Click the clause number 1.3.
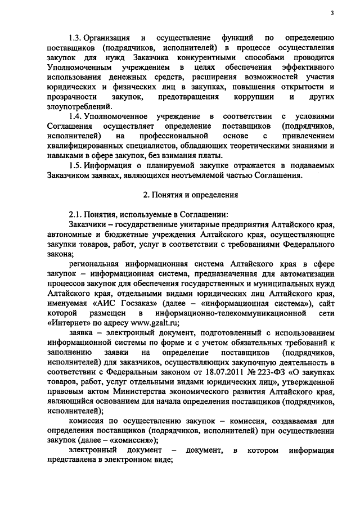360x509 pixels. point(75,38)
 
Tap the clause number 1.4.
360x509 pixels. point(75,116)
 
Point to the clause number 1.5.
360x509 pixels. point(75,165)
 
